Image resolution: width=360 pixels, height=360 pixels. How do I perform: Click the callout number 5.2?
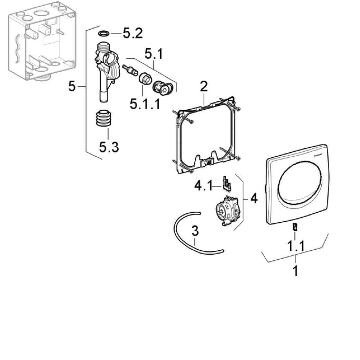point(132,34)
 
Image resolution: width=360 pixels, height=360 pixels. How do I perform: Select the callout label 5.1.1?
point(145,103)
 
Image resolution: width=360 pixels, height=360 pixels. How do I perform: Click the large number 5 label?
point(72,86)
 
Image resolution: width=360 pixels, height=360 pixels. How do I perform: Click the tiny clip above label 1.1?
point(295,227)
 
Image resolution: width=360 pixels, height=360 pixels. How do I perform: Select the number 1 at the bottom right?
point(295,271)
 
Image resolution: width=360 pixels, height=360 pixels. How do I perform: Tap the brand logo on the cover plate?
point(318,156)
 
